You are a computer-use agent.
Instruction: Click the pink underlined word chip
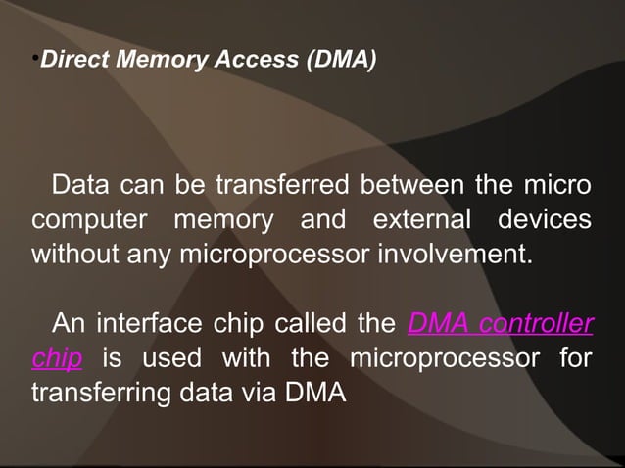click(x=56, y=358)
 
